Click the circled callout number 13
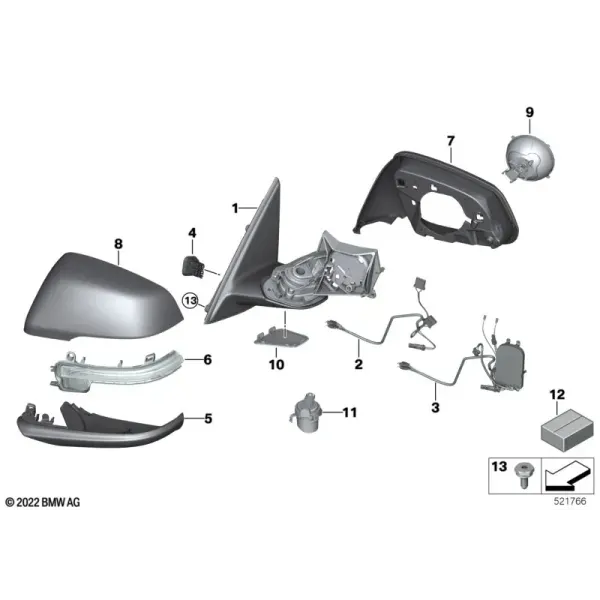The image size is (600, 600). coord(191,300)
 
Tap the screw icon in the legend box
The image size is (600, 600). coord(523,475)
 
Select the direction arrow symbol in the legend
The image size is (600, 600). coord(567,475)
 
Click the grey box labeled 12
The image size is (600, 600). coord(567,429)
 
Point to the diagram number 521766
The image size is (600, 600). coord(570,501)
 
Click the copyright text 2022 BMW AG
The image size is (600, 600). coord(43,502)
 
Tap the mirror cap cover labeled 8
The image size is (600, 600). coord(104,296)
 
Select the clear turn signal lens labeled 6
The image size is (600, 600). coord(116,370)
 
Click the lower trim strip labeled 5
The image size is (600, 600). coord(100,426)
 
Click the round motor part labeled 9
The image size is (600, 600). coord(529,157)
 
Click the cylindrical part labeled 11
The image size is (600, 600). coord(306,413)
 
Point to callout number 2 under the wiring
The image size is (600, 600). coord(359,364)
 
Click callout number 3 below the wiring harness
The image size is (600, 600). coord(435,408)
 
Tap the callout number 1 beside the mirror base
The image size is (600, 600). coord(235,208)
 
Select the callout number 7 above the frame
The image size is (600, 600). coord(451,141)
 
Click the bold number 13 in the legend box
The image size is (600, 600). coord(499,467)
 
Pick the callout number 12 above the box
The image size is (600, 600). coord(557,395)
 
